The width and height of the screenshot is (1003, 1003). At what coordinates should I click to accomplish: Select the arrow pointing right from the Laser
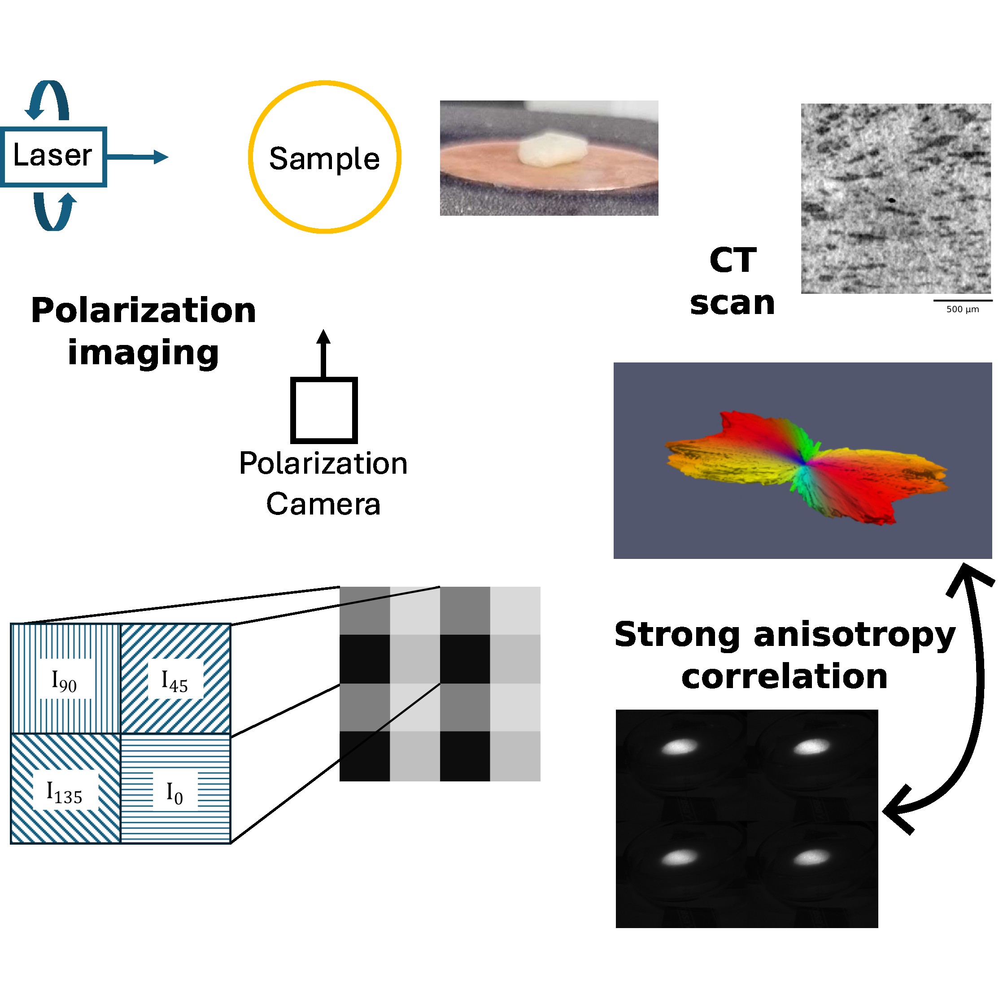click(138, 157)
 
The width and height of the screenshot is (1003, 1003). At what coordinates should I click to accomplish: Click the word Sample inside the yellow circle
click(324, 158)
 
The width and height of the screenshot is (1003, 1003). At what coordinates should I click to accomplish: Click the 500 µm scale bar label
click(963, 310)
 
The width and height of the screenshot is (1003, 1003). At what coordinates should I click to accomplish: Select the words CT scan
click(733, 281)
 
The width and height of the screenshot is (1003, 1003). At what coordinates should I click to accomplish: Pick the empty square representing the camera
click(324, 410)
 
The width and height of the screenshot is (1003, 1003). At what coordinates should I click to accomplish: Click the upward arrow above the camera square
click(323, 353)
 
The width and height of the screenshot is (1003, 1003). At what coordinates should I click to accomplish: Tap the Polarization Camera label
click(323, 483)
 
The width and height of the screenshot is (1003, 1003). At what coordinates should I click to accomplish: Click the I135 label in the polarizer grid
click(65, 793)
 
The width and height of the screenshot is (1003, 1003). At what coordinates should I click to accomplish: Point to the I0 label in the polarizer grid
click(174, 793)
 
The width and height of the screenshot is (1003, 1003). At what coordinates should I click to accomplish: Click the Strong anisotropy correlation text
click(785, 655)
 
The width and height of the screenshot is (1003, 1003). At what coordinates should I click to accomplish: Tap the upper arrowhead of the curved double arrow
click(969, 577)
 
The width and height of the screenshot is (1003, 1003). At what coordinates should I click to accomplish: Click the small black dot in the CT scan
click(892, 199)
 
